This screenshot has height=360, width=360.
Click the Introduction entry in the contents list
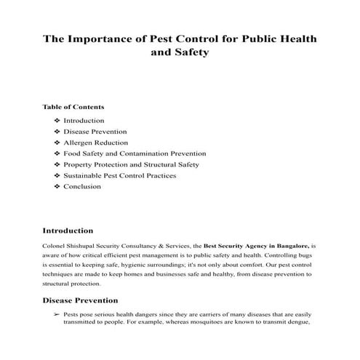click(x=84, y=120)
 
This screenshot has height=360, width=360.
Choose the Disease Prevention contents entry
click(x=95, y=131)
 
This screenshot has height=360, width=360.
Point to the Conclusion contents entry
click(x=82, y=187)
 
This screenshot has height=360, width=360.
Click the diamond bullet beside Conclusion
click(x=57, y=187)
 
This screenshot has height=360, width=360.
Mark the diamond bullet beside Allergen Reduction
click(x=57, y=143)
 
